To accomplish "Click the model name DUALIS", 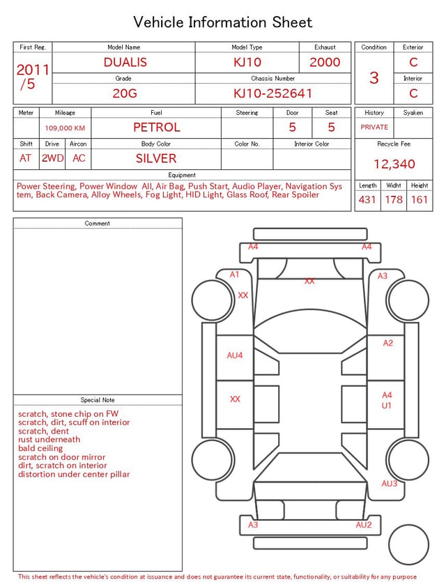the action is (x=125, y=62).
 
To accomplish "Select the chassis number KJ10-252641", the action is (x=272, y=93).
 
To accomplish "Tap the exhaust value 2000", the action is (x=325, y=62).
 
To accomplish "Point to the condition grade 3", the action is (x=374, y=78).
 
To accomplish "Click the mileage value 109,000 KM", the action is (x=65, y=128).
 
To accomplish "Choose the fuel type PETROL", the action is (x=157, y=128).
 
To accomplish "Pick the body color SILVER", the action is (x=156, y=158).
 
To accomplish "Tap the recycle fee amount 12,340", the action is (x=394, y=164).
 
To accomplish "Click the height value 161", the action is (x=420, y=199).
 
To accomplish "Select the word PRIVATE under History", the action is (x=374, y=128).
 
